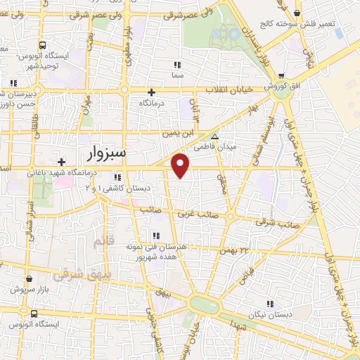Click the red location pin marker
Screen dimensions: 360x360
[181, 165]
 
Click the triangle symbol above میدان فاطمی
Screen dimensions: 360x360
[215, 137]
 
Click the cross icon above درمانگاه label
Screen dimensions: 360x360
[151, 92]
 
